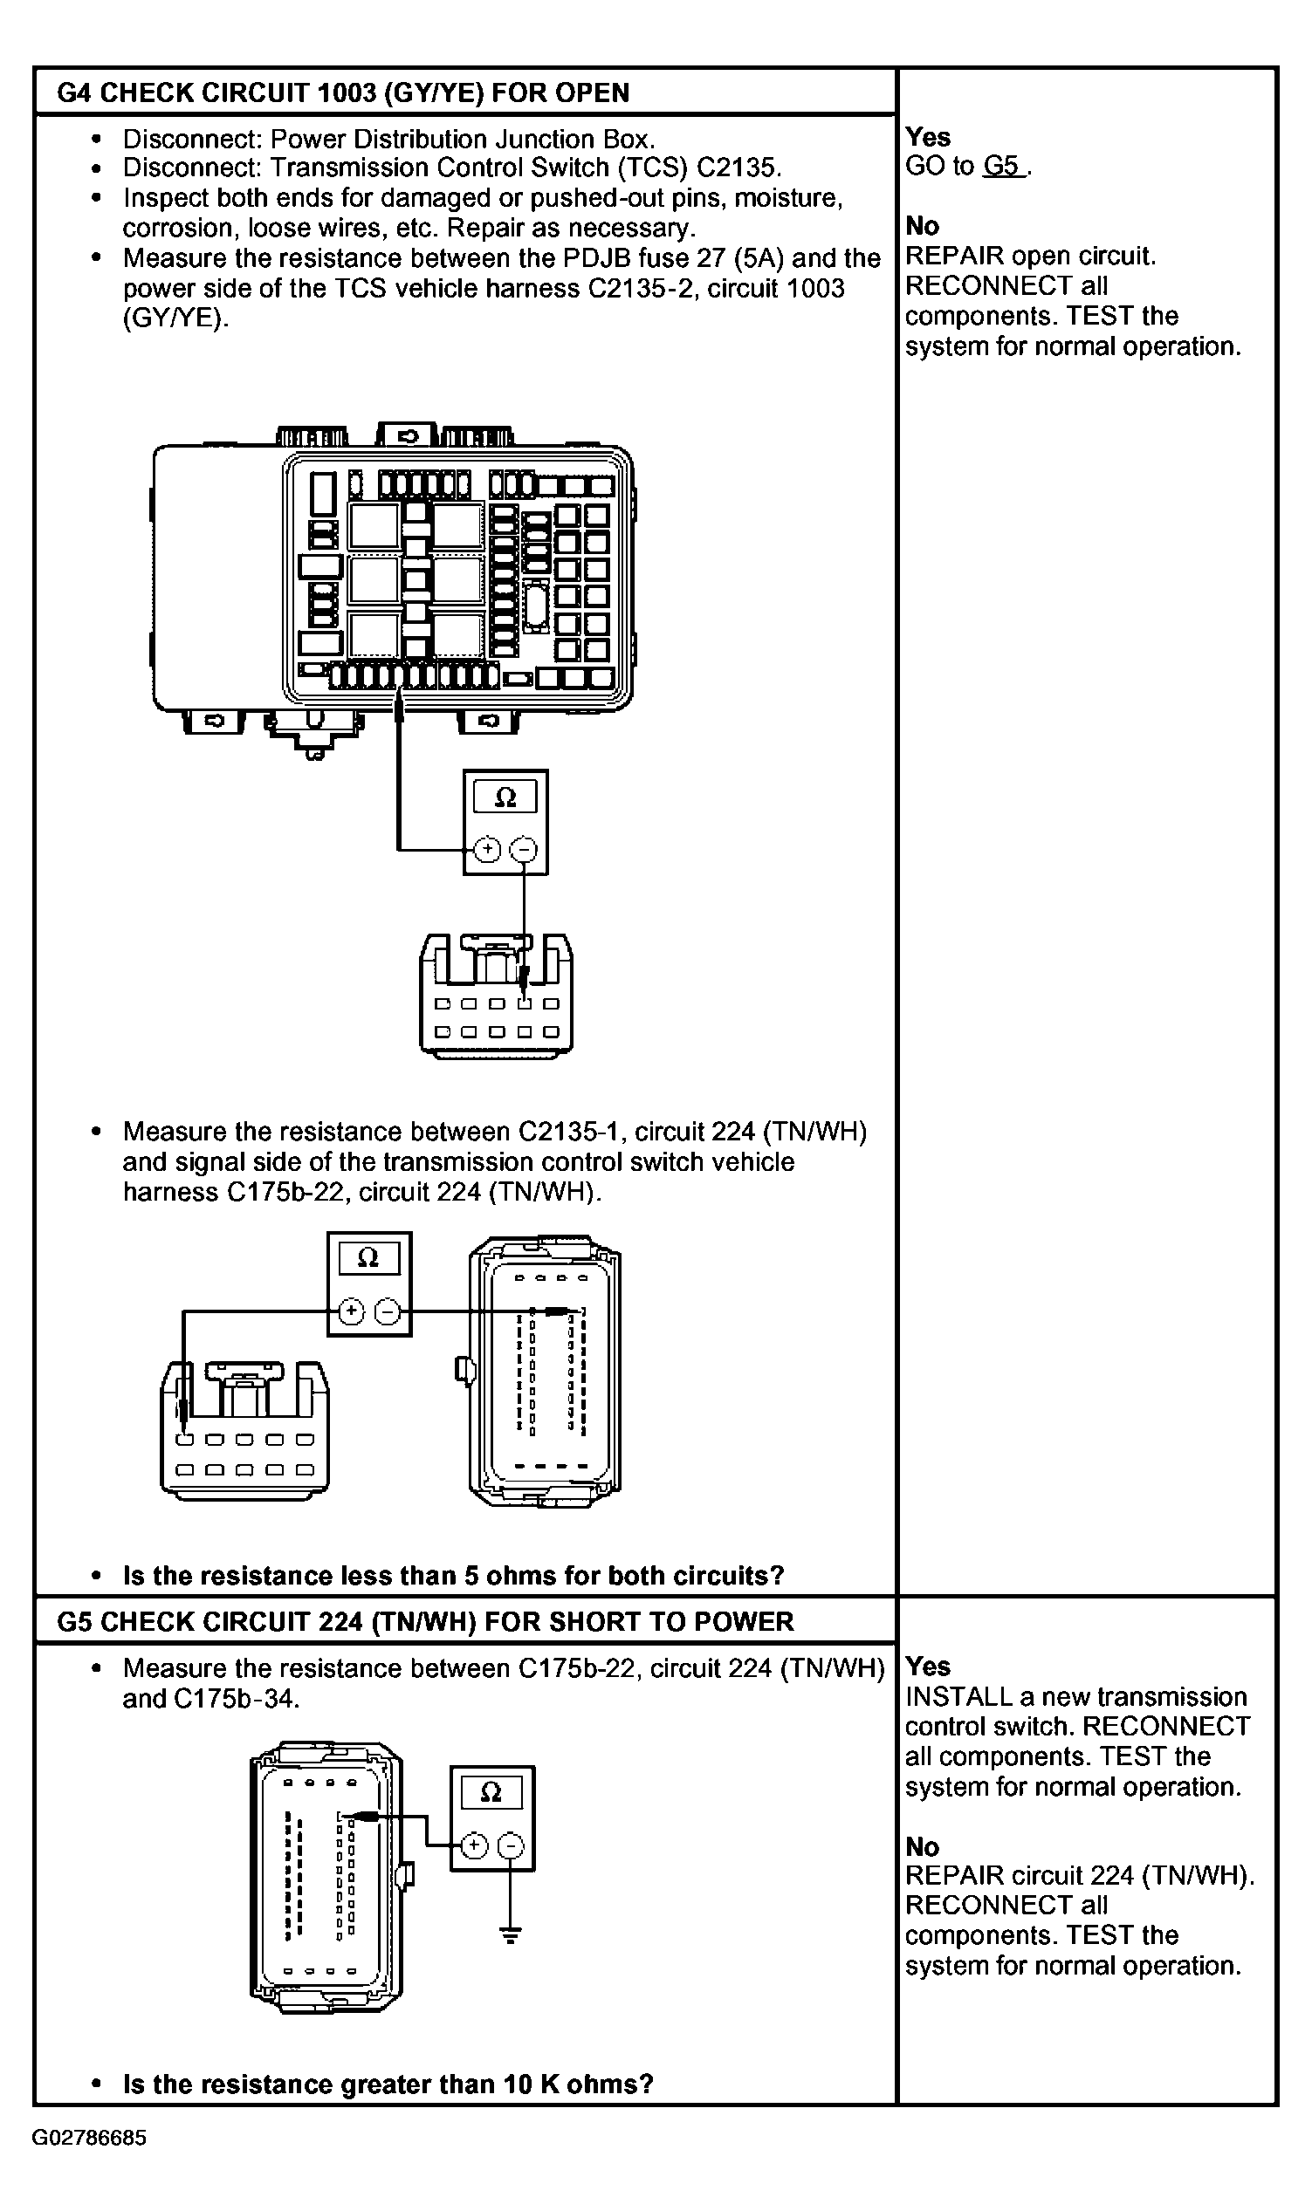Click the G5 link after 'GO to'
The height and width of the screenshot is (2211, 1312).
(1003, 166)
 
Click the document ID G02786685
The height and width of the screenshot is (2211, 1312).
(89, 2138)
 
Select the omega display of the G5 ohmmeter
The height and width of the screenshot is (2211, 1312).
(491, 1792)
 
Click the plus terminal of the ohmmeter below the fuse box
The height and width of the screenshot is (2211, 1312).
(487, 850)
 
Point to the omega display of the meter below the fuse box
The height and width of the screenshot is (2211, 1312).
(505, 797)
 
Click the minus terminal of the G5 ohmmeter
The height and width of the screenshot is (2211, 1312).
(510, 1845)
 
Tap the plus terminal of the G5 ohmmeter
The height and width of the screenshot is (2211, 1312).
(475, 1845)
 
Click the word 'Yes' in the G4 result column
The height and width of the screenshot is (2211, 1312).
(927, 137)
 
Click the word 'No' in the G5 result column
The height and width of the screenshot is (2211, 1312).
(922, 1847)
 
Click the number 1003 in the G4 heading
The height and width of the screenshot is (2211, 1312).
(341, 92)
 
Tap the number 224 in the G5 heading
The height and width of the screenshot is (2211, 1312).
(335, 1621)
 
